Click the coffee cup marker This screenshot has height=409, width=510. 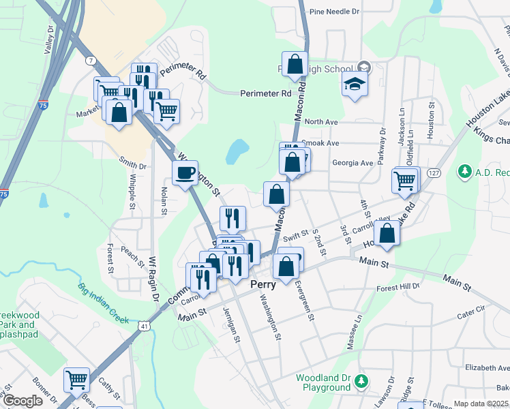click(184, 173)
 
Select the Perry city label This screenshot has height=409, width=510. click(262, 284)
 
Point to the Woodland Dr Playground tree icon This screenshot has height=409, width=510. click(363, 380)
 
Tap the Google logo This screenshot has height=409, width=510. click(22, 401)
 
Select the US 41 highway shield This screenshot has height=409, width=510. click(145, 327)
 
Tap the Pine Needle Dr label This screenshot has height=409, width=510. click(334, 12)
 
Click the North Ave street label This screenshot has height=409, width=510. click(322, 122)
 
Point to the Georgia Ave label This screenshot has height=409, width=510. click(352, 163)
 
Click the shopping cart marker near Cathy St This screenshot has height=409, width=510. click(76, 379)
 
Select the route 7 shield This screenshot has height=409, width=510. click(91, 61)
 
